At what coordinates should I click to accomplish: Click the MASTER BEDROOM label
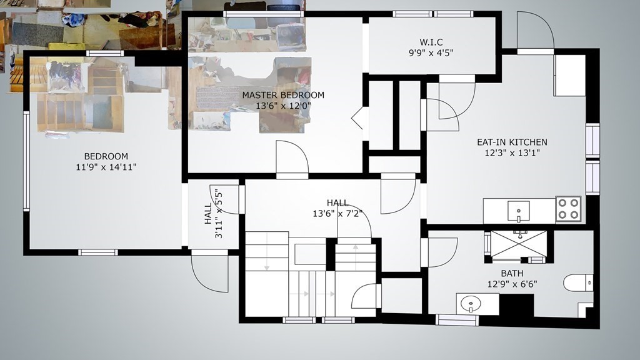tap(283, 95)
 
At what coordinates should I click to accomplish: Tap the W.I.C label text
tap(431, 42)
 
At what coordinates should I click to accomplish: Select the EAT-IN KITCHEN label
tap(512, 142)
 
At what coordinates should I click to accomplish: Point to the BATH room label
tap(512, 274)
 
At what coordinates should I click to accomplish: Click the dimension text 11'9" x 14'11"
tap(106, 167)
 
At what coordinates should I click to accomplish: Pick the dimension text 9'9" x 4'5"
tap(431, 52)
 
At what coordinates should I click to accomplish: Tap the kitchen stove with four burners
tap(569, 209)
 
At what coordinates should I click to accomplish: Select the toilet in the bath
tap(578, 282)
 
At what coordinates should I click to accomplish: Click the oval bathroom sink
tap(471, 304)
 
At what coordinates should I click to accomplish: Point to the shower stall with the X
tap(518, 245)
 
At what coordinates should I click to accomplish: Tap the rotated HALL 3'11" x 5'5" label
tap(214, 214)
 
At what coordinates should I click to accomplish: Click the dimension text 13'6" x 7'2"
tap(337, 214)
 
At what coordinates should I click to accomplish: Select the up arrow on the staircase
tap(356, 257)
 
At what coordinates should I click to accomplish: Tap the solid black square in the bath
tap(517, 305)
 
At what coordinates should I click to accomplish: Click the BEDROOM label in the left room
tap(106, 156)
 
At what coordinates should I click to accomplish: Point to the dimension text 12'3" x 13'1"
tap(512, 153)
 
